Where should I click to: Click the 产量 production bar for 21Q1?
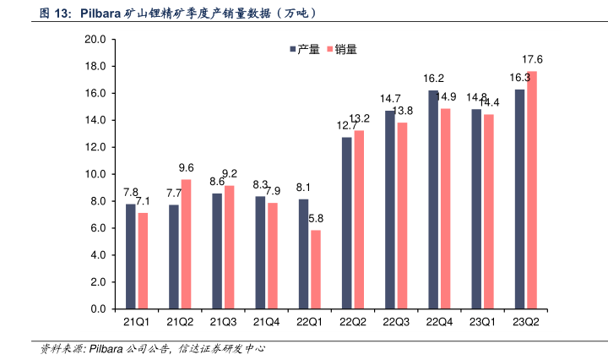click(x=131, y=256)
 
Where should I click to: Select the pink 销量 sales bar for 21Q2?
click(x=186, y=244)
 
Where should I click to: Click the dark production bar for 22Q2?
click(x=346, y=223)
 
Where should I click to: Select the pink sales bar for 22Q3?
click(x=402, y=215)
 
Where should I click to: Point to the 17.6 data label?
click(x=532, y=59)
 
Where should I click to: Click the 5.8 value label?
click(x=316, y=218)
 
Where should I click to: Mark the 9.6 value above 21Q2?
click(x=187, y=167)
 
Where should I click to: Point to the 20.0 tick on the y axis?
click(x=95, y=40)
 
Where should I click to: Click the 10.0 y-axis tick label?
click(x=95, y=174)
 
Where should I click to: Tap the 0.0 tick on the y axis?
click(x=98, y=309)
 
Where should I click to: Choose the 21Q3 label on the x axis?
click(x=223, y=322)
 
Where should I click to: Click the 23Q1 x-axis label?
click(x=482, y=322)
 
